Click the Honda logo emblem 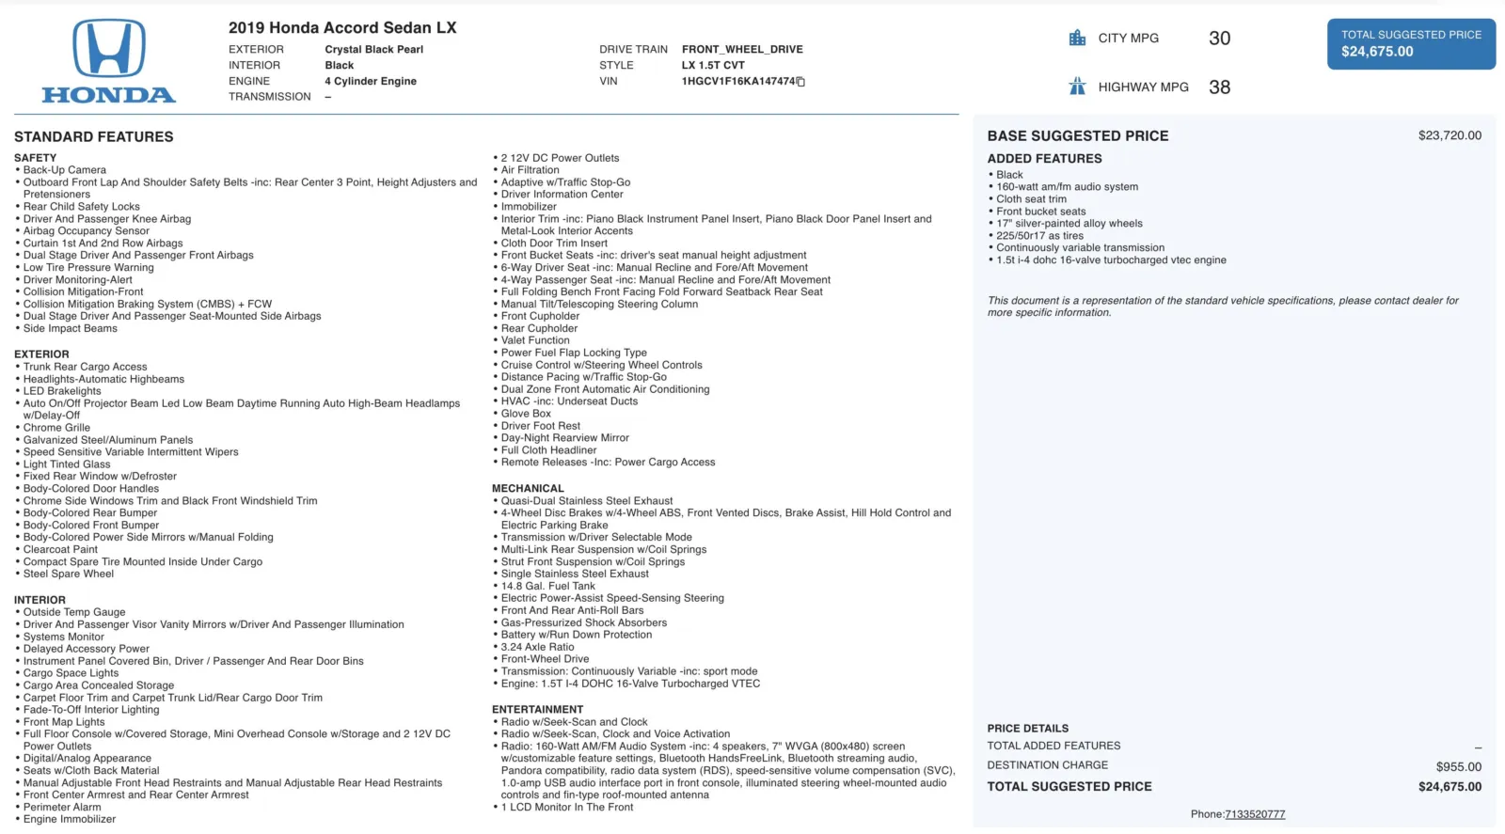(x=109, y=49)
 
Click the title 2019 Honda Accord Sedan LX (x=342, y=28)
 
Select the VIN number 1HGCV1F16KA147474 (x=738, y=82)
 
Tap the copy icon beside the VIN (x=801, y=82)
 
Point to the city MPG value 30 (x=1219, y=39)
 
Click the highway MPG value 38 (x=1219, y=87)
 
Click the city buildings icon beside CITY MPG (x=1077, y=39)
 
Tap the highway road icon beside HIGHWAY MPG (x=1077, y=87)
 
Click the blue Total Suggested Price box (x=1411, y=43)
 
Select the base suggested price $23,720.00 (x=1450, y=135)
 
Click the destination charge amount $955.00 (x=1458, y=766)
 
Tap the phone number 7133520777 (x=1255, y=814)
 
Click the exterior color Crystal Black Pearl (x=373, y=50)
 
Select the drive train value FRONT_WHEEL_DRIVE (x=742, y=50)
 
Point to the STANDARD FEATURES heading (x=93, y=137)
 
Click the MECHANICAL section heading (x=528, y=489)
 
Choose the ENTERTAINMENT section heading (x=537, y=710)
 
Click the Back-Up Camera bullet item (x=64, y=170)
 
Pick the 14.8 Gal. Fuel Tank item (x=547, y=586)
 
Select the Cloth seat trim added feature (x=1031, y=199)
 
